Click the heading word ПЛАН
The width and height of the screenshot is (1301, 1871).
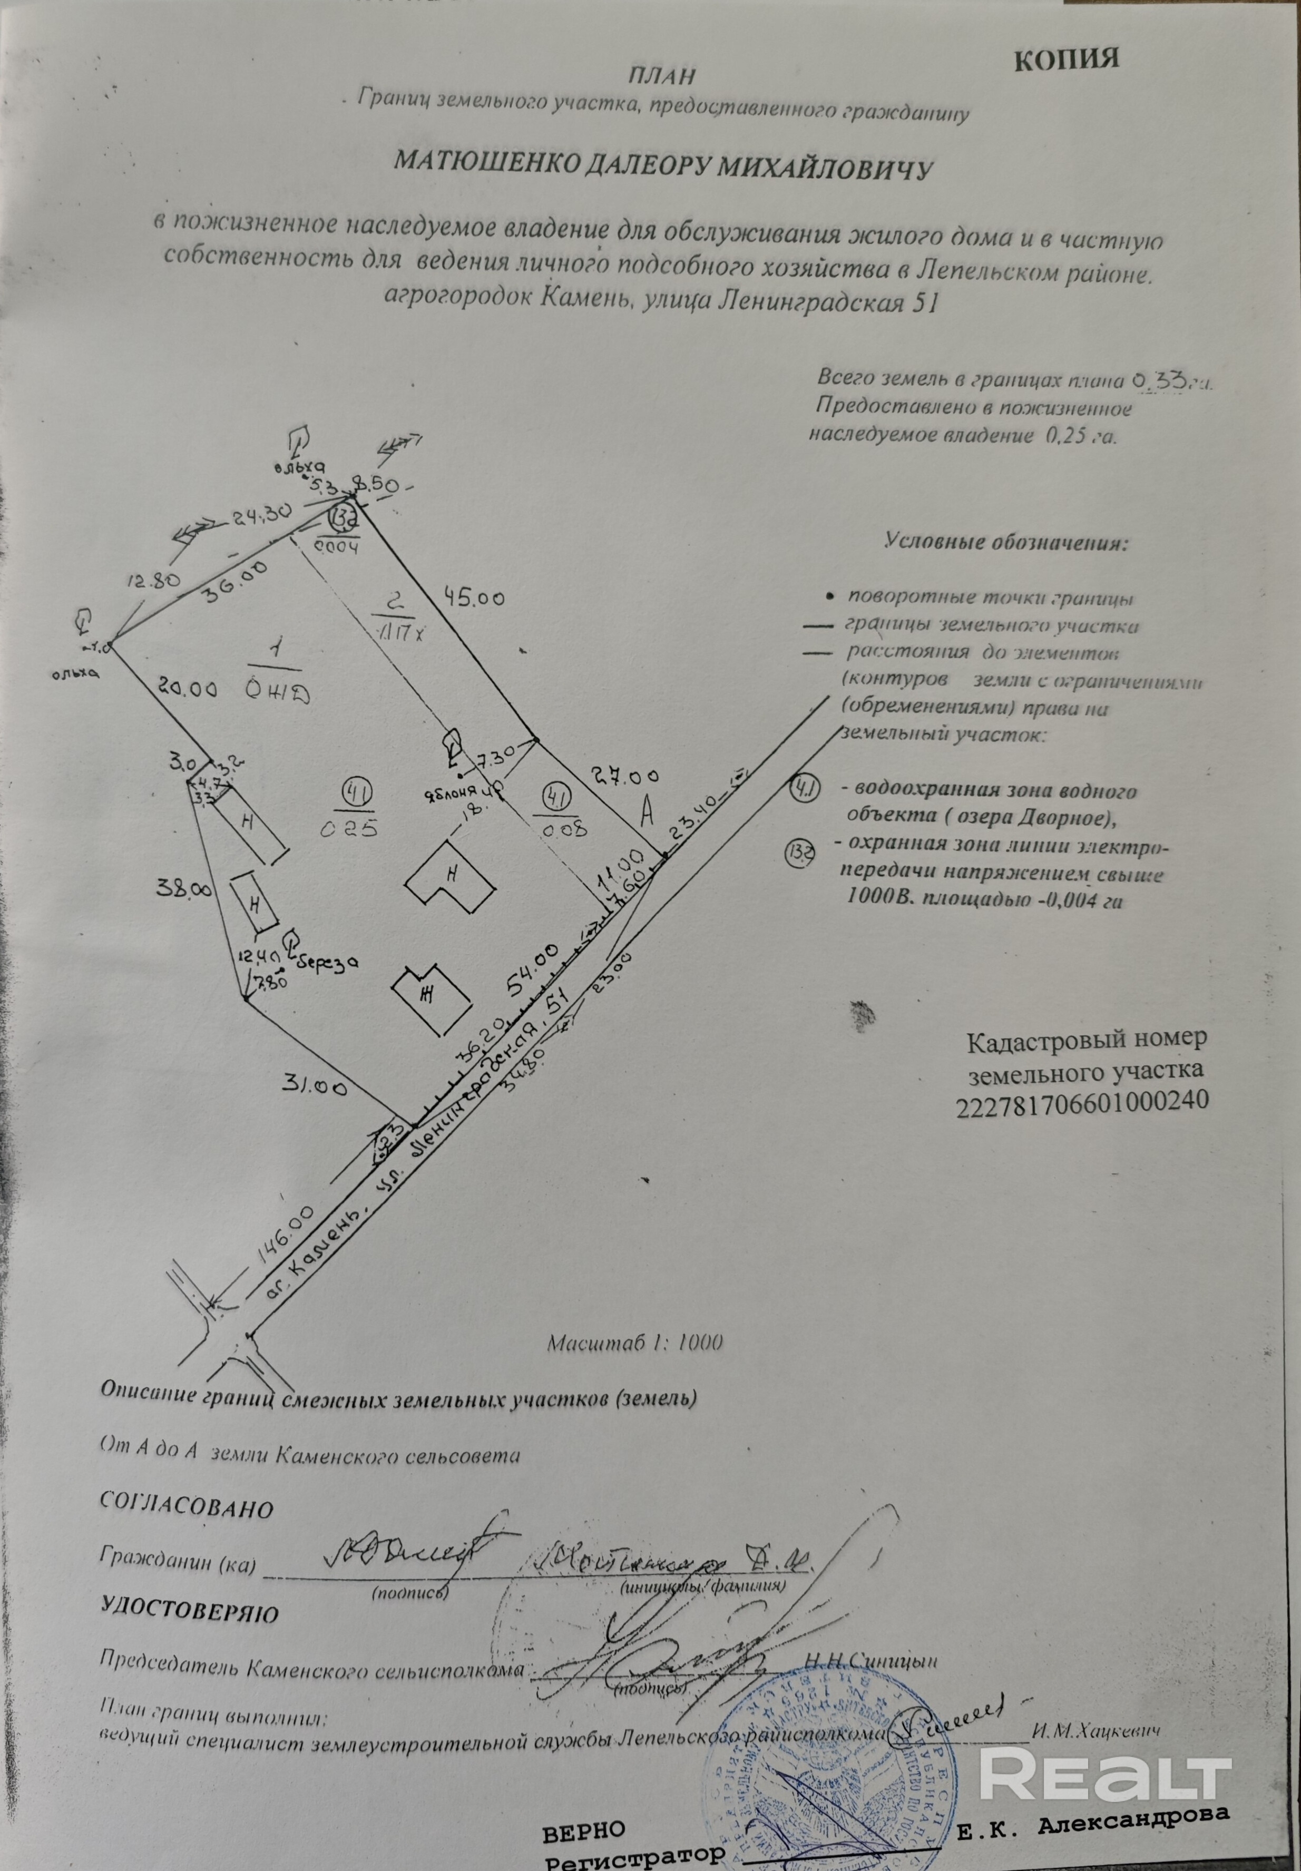coord(661,76)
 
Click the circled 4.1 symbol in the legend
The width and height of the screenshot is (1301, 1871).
coord(805,789)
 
